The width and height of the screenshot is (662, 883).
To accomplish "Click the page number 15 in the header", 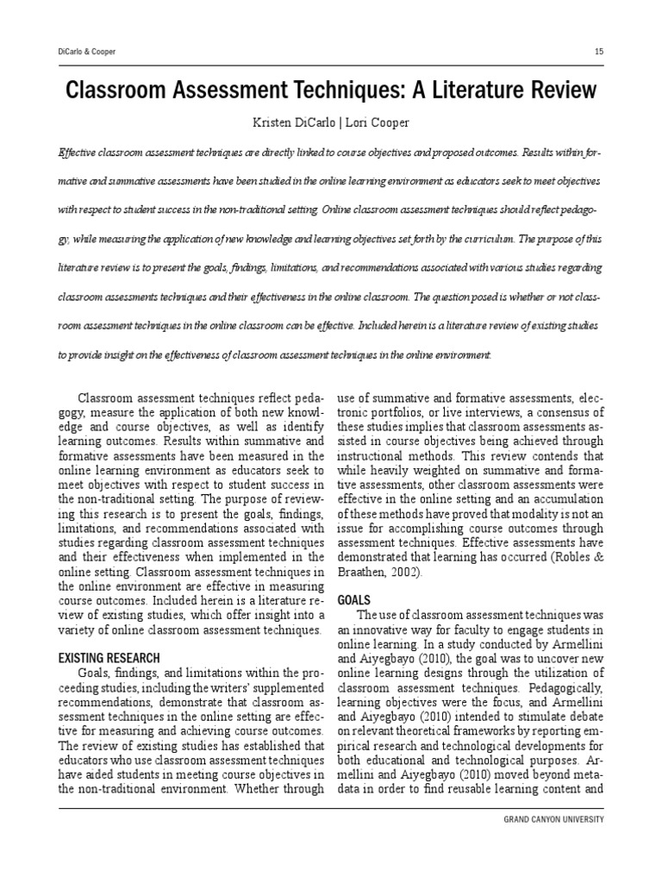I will [x=599, y=52].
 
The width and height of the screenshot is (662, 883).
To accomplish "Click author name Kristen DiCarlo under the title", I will [x=279, y=124].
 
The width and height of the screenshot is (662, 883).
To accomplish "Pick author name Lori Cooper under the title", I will [x=378, y=124].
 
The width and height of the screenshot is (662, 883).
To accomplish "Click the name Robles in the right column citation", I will [x=575, y=558].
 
